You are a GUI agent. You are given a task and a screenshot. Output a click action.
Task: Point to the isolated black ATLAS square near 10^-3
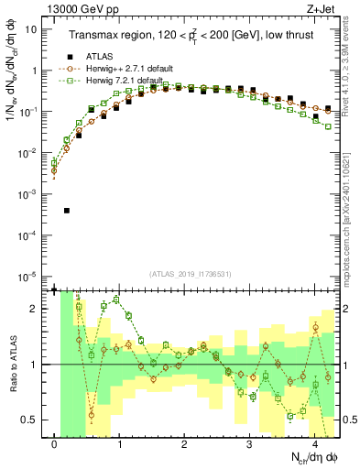point(67,211)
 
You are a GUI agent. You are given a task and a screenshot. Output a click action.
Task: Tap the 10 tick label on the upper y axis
point(29,28)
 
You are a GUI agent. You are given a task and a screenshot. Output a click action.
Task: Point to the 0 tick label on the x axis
point(55,444)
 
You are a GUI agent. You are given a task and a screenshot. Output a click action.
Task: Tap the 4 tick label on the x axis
point(314,444)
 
